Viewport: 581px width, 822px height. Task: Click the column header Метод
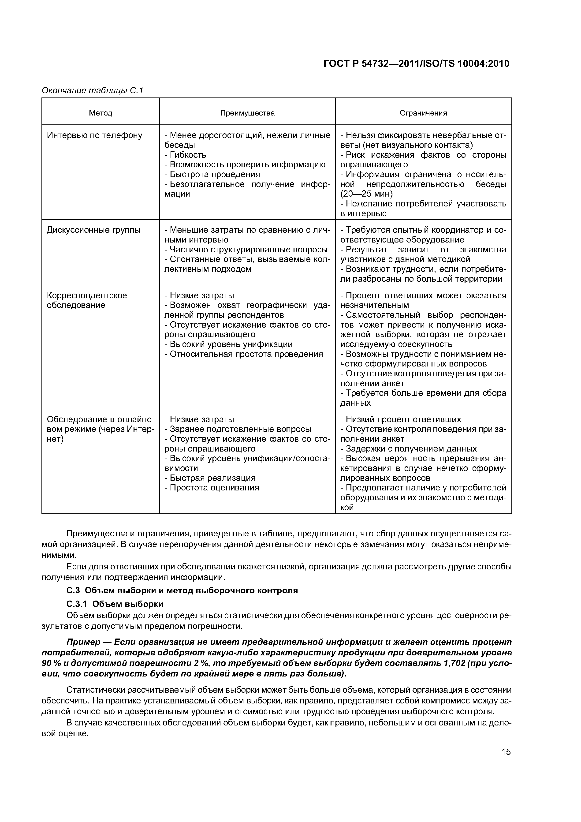[x=101, y=113]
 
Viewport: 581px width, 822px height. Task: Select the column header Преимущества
[x=247, y=113]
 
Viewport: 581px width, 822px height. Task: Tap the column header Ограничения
[x=423, y=113]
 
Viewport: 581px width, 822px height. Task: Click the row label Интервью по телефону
[x=94, y=135]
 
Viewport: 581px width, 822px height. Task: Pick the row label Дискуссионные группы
[x=93, y=230]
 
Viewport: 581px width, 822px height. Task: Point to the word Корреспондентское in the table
[x=87, y=295]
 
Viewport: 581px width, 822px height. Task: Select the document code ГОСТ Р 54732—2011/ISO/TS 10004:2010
[x=416, y=64]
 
